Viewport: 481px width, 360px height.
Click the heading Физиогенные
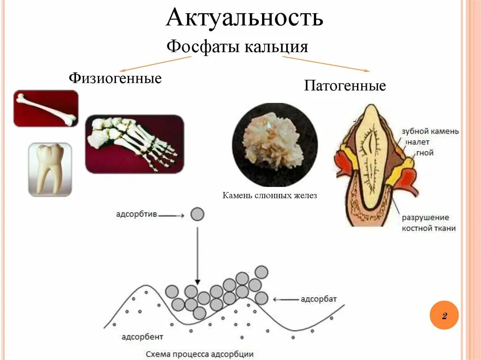[x=115, y=77]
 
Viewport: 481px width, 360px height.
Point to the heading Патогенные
[x=345, y=86]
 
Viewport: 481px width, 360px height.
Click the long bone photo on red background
[x=46, y=108]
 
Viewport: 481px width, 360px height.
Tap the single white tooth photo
[x=50, y=169]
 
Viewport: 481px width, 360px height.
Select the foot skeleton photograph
[x=134, y=144]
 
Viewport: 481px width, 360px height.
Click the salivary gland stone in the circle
[x=275, y=145]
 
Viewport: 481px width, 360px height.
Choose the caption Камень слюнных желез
[x=270, y=195]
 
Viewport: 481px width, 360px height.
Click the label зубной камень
[x=430, y=131]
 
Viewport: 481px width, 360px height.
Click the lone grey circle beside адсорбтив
[x=198, y=214]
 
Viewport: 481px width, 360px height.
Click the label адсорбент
[x=142, y=337]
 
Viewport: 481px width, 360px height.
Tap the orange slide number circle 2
[x=443, y=315]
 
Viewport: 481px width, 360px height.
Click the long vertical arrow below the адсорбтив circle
[x=198, y=253]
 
